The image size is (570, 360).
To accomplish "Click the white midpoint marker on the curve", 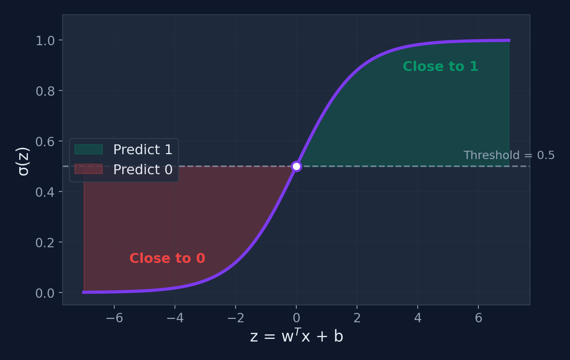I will [296, 166].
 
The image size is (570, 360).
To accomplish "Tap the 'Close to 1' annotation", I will [440, 67].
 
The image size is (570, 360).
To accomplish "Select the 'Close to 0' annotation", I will [167, 258].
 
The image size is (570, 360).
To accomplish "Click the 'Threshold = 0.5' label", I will [509, 155].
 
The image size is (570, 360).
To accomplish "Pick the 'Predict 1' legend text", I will [142, 150].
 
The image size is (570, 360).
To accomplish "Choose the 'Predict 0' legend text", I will [142, 170].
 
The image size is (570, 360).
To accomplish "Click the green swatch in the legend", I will [89, 149].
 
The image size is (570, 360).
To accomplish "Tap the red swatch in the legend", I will [89, 169].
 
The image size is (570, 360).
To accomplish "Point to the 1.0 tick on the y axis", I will [45, 41].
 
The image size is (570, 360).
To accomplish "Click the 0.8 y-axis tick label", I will [45, 91].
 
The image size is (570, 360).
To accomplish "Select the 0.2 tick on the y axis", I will [45, 243].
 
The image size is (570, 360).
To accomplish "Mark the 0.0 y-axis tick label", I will [45, 293].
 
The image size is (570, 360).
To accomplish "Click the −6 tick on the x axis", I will [114, 318].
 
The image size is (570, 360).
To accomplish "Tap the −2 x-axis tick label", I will [236, 318].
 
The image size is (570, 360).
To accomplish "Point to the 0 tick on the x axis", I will [296, 318].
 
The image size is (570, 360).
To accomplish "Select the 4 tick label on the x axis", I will [418, 318].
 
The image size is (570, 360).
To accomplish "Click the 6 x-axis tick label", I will [478, 318].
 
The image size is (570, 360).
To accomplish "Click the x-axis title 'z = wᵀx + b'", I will [296, 336].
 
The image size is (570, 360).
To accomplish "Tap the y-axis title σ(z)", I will [23, 161].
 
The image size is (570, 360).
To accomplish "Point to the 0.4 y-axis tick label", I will [45, 192].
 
